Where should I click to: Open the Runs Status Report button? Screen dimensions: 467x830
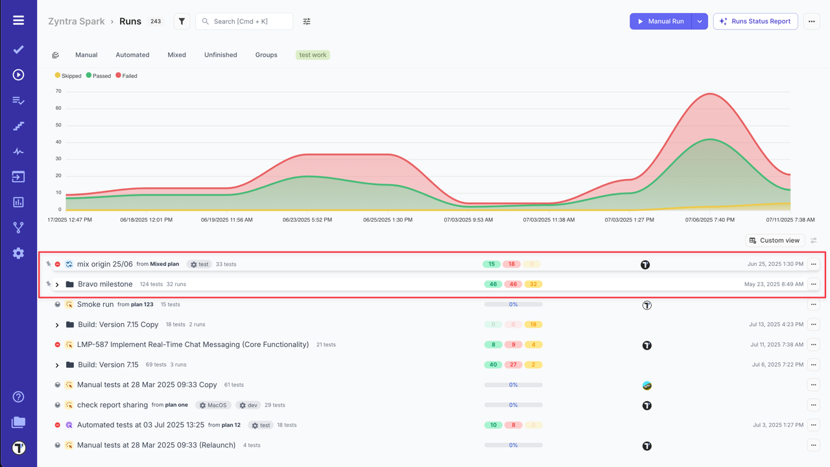[755, 21]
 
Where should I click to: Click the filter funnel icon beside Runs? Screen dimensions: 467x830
[182, 21]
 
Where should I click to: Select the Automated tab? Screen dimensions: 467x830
[132, 55]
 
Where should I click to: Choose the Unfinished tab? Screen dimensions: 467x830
[220, 55]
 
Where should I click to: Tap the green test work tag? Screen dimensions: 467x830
[313, 55]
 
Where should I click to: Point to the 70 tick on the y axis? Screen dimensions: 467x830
[58, 91]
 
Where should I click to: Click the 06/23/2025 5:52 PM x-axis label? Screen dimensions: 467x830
[307, 220]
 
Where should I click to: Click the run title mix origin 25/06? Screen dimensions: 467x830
[105, 264]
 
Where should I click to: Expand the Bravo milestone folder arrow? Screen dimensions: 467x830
[57, 285]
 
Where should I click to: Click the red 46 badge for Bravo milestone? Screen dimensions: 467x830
[513, 284]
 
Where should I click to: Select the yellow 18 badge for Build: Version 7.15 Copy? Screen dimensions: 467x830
[532, 324]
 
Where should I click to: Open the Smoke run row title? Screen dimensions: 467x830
[95, 304]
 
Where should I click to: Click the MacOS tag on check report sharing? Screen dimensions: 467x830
[213, 405]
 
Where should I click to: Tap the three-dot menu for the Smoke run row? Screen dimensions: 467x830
[813, 304]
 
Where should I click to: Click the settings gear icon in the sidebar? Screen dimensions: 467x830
[18, 254]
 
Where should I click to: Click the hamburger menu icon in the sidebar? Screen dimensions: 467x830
[18, 21]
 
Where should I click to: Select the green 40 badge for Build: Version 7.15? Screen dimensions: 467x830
[493, 365]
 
